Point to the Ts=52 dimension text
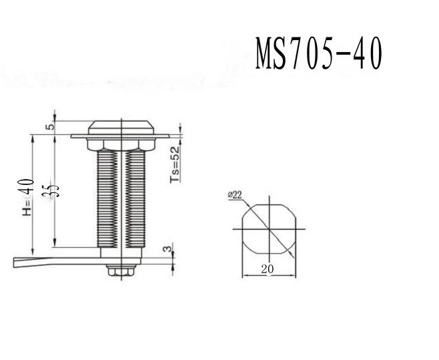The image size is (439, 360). click(x=175, y=164)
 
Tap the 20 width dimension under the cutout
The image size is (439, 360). click(x=268, y=268)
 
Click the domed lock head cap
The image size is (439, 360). click(x=121, y=128)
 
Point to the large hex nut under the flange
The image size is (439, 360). click(x=121, y=144)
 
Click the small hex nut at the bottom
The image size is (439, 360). click(x=121, y=268)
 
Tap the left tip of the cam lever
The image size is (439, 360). click(x=15, y=262)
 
